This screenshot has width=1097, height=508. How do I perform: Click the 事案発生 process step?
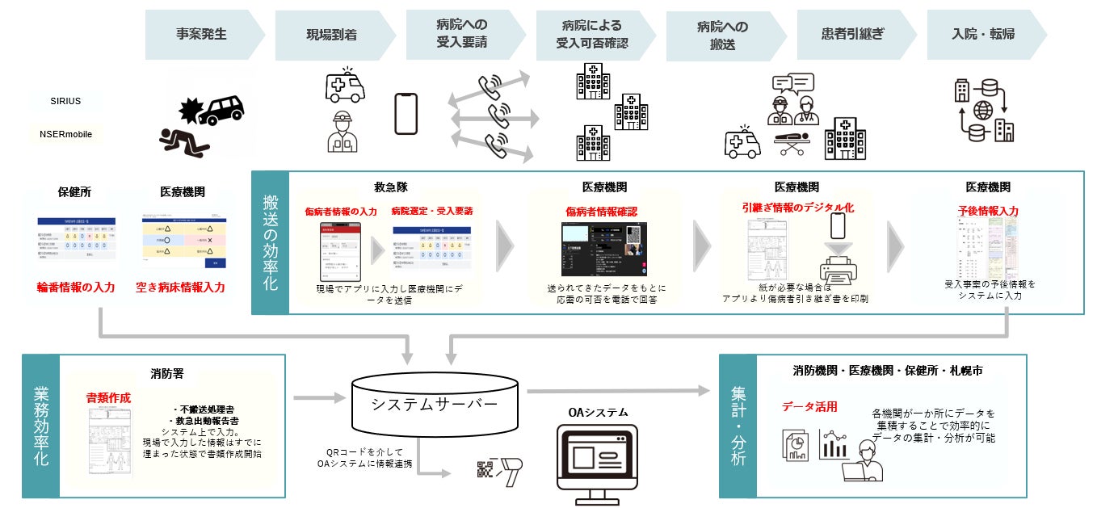201,35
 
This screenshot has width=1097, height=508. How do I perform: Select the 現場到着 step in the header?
331,35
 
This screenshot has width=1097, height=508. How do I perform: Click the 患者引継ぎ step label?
852,35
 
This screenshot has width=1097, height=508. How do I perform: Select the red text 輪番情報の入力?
75,287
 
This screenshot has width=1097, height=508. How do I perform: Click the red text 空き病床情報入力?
180,287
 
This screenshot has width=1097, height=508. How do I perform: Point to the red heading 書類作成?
108,397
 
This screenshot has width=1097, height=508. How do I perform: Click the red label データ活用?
809,406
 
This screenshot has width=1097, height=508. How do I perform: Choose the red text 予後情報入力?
987,211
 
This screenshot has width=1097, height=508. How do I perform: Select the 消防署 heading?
166,374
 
